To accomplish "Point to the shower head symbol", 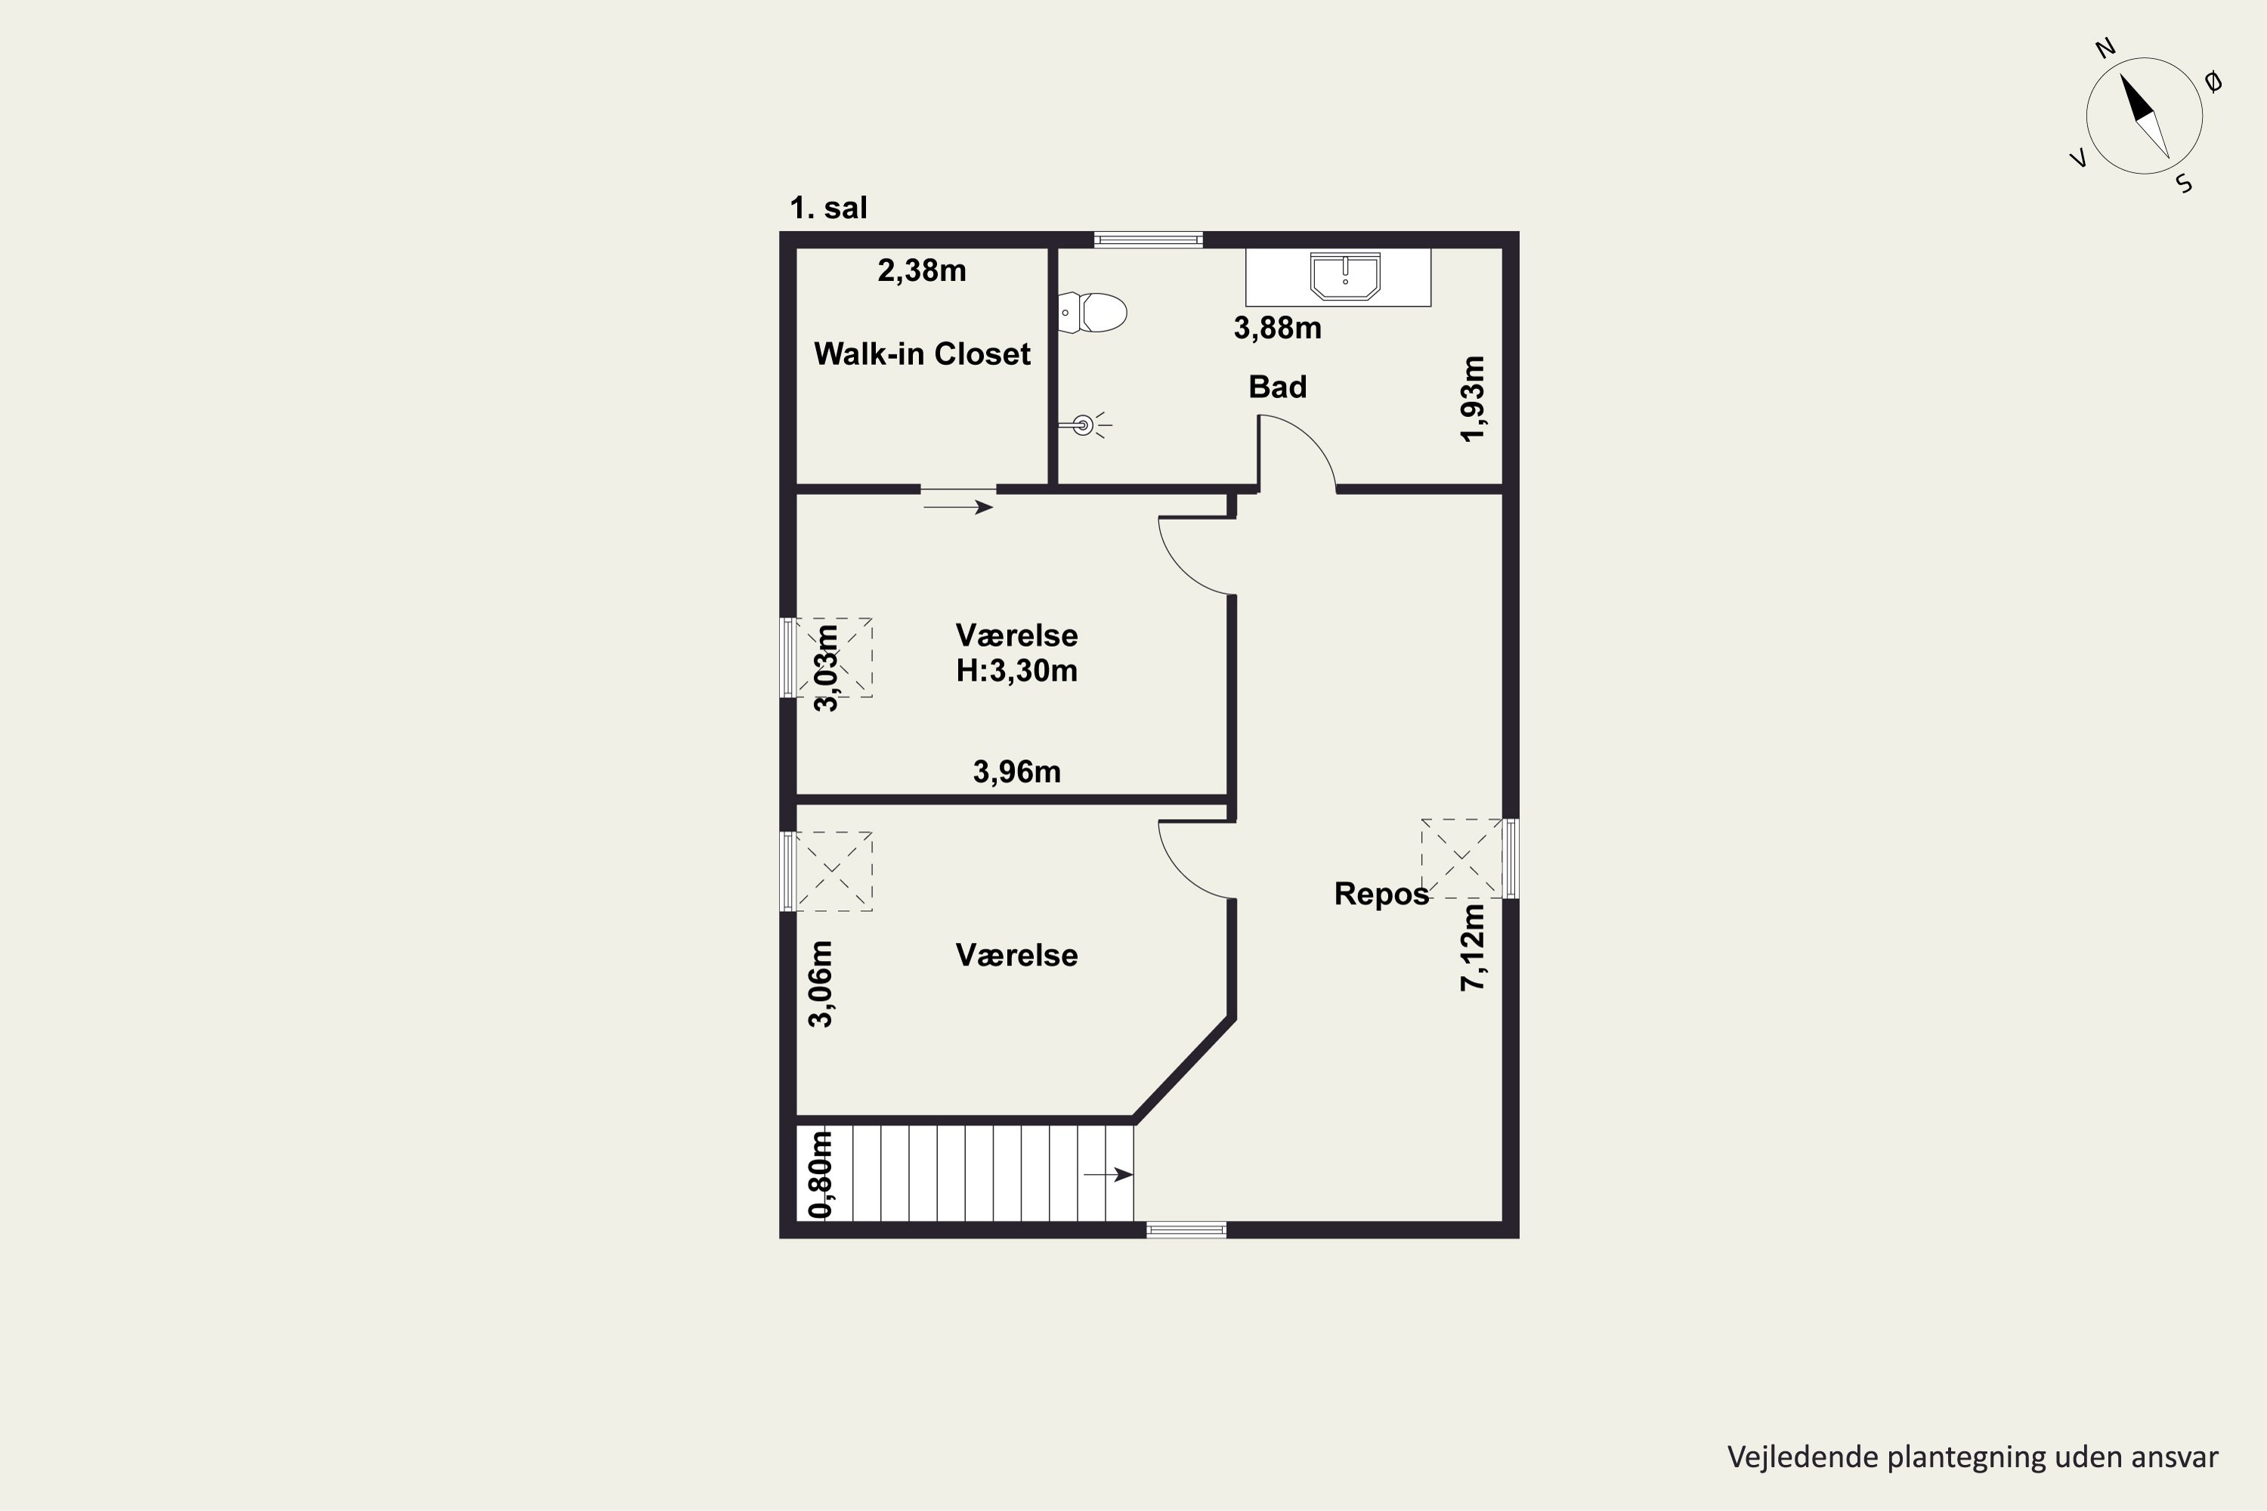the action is pos(1084,424).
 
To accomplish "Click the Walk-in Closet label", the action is pos(923,354).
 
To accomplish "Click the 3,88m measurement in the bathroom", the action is pos(1277,328).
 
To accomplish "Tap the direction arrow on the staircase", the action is pos(1109,1175).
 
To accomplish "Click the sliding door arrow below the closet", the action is pos(958,507).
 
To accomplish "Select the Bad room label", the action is pos(1277,386).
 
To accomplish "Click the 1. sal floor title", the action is pos(828,207).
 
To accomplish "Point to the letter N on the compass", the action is pos(2106,48).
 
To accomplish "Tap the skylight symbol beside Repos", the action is pos(1461,857).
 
